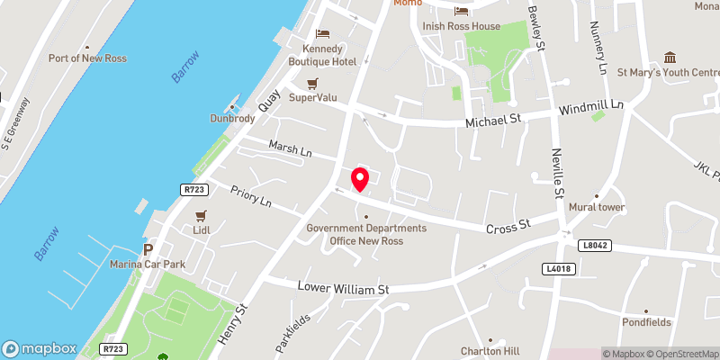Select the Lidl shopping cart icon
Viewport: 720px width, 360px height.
[x=202, y=216]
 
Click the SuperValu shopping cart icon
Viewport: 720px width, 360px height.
[x=312, y=84]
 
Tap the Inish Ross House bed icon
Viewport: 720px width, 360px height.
[x=462, y=12]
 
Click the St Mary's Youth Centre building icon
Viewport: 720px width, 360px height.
[x=669, y=58]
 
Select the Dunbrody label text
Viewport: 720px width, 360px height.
[x=234, y=118]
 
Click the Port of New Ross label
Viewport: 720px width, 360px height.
[x=87, y=58]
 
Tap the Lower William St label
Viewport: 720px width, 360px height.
[x=343, y=290]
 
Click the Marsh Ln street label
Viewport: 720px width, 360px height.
[x=289, y=148]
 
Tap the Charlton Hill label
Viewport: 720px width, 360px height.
[x=487, y=351]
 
